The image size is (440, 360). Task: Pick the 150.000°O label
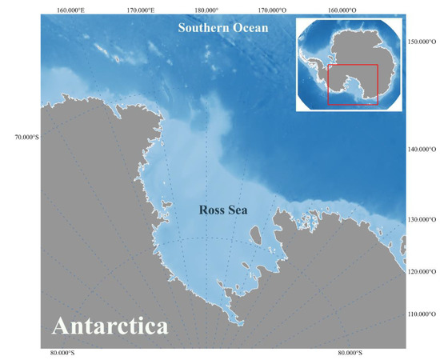pos(422,41)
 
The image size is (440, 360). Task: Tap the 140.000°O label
pos(422,150)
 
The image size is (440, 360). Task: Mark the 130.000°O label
pos(422,219)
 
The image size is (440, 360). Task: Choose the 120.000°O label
pos(422,272)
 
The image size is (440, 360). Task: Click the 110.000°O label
pos(422,313)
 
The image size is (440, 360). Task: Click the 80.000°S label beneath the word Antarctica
pos(63,352)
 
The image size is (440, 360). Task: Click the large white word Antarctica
pos(110,326)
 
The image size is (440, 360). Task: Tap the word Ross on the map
pos(210,210)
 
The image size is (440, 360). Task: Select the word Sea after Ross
pos(237,210)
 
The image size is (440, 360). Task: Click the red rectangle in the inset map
pos(353,85)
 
